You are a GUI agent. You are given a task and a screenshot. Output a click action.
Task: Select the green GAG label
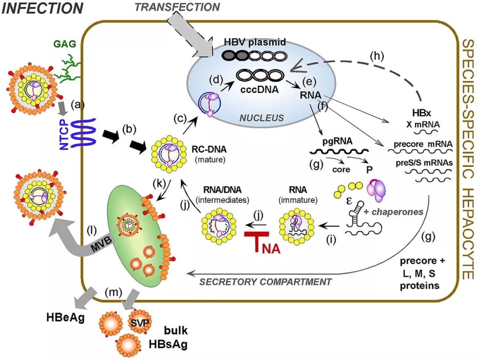62,44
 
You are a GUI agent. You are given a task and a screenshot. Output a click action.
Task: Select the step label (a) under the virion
79,105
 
